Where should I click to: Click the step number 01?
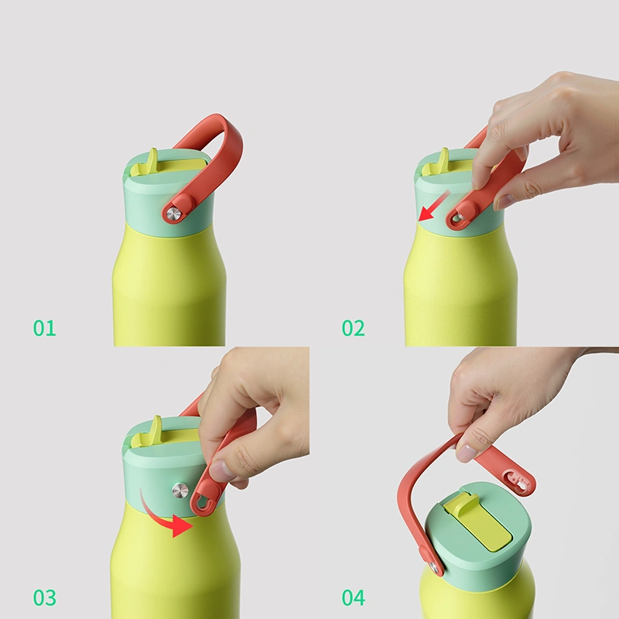coord(45,328)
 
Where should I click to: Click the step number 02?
coord(354,328)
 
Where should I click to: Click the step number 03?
coord(45,597)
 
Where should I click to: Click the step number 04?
coord(354,597)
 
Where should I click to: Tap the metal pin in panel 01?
coord(173,214)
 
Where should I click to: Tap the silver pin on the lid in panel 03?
coord(180,490)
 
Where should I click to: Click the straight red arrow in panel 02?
coord(434,206)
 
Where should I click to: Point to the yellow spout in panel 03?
coord(147,432)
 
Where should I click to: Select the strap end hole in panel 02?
coord(458,218)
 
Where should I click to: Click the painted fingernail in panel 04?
coord(467,453)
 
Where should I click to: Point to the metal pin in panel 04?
coord(434,568)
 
